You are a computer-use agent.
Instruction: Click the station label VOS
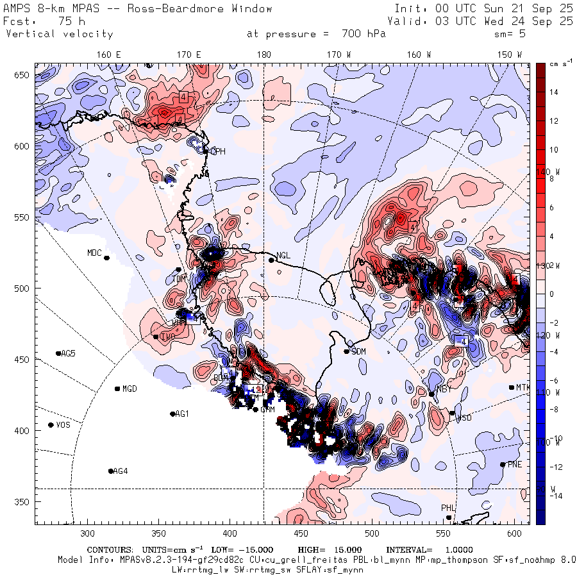click(x=63, y=425)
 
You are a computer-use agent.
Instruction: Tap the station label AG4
click(x=120, y=471)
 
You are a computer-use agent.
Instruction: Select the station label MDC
click(x=94, y=253)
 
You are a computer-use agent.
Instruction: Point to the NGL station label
click(x=283, y=255)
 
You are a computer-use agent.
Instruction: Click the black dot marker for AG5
click(x=58, y=353)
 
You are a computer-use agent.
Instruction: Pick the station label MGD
click(x=130, y=389)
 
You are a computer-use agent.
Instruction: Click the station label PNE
click(x=515, y=464)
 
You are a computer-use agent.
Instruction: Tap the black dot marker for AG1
click(x=172, y=414)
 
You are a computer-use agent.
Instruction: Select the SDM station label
click(x=358, y=351)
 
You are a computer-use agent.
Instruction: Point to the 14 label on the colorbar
click(x=554, y=92)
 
